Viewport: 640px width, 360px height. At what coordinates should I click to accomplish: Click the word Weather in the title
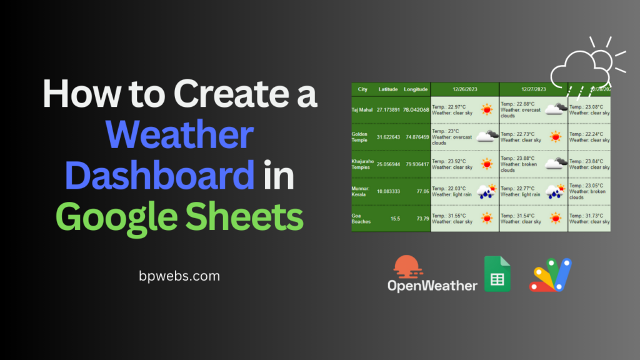point(181,135)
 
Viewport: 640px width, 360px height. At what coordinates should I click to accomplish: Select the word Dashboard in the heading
point(159,176)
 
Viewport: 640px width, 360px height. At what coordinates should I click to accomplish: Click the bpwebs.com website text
point(181,275)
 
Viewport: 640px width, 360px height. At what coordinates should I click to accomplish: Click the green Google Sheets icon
point(497,274)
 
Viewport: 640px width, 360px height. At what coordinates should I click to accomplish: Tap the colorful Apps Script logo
point(551,275)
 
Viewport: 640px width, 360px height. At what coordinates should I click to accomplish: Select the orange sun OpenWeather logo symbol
point(406,267)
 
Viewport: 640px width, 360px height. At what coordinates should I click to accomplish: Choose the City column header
point(362,89)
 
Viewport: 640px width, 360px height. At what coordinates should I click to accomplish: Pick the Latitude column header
point(388,89)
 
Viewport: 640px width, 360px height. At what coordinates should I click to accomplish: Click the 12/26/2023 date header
point(464,89)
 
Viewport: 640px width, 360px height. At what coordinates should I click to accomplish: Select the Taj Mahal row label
point(362,110)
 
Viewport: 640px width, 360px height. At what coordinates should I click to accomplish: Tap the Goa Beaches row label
point(362,218)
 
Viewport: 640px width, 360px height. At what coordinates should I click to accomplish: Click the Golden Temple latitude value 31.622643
point(389,137)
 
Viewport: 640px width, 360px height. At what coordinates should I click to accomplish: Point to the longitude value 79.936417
point(416,164)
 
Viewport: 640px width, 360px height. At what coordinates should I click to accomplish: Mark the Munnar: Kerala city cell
point(362,191)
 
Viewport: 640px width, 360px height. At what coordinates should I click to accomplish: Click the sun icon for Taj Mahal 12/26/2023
point(486,110)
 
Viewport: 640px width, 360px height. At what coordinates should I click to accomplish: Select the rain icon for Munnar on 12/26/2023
point(486,191)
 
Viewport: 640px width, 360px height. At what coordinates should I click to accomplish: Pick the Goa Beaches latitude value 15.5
point(395,219)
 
